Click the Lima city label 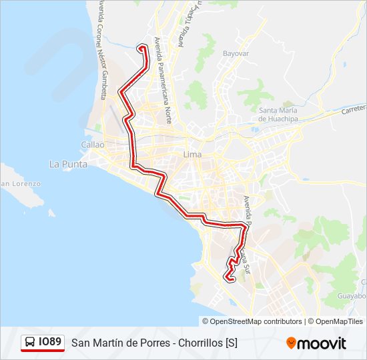coord(192,155)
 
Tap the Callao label coord(93,144)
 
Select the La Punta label coord(65,163)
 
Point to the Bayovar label coord(236,53)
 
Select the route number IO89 coord(50,343)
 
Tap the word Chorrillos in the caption coord(202,343)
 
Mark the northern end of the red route coord(141,47)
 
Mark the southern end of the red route coord(229,279)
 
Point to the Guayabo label coord(352,295)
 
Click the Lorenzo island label coord(22,183)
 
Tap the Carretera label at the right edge coord(353,109)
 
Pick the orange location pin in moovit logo coord(291,343)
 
